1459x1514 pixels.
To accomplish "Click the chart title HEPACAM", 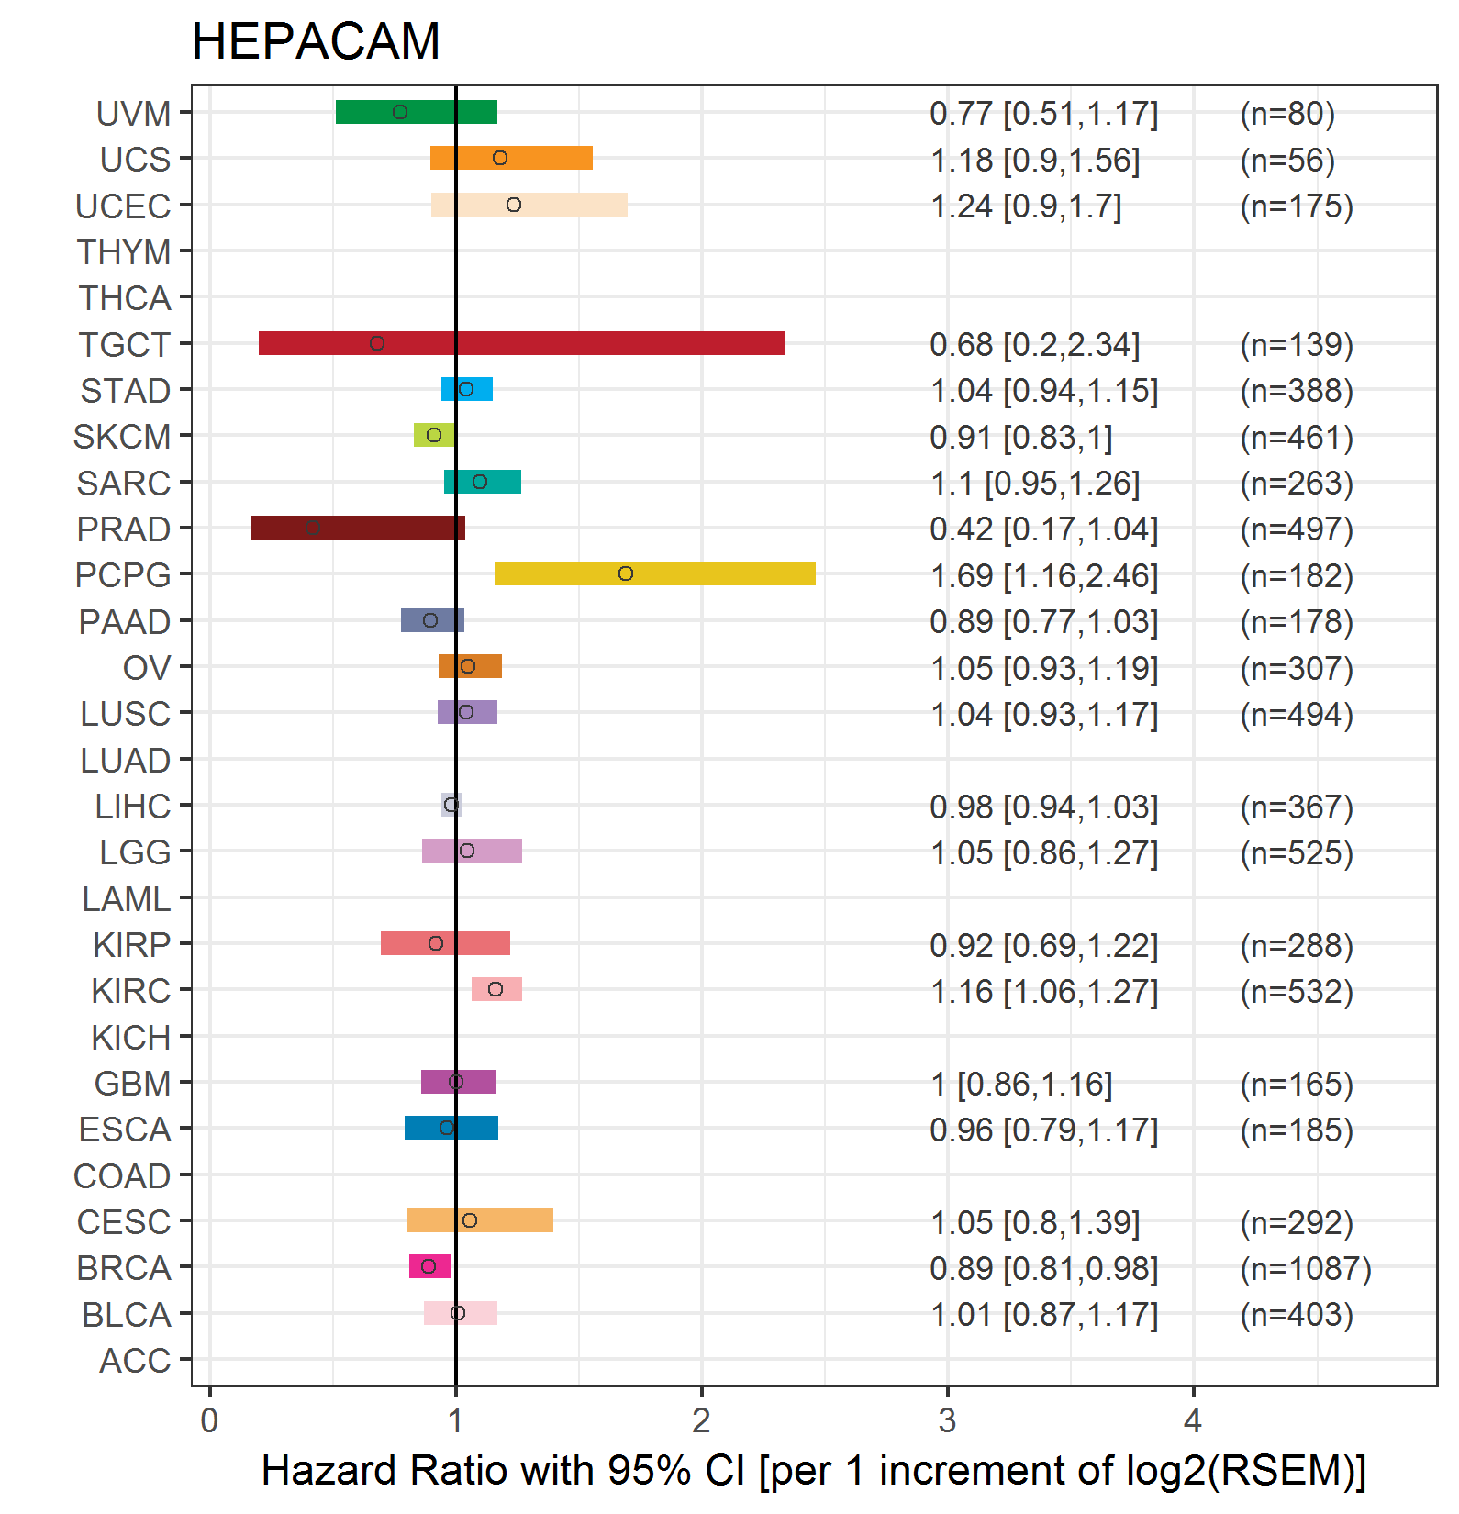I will click(x=316, y=41).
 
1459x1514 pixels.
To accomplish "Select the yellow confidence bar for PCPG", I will click(x=654, y=573).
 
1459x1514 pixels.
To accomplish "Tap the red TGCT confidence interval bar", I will click(x=521, y=343).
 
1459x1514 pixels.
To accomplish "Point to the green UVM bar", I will click(x=416, y=112).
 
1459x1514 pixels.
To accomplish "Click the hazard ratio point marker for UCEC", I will click(x=514, y=205).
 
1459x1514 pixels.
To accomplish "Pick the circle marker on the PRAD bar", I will click(x=313, y=528).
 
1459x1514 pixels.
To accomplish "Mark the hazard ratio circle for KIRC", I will click(x=496, y=989).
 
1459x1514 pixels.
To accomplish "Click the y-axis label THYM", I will click(x=124, y=252).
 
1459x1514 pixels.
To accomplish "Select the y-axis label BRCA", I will click(x=124, y=1268).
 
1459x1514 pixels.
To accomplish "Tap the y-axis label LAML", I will click(x=126, y=899).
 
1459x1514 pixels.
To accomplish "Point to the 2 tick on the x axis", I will click(x=701, y=1420).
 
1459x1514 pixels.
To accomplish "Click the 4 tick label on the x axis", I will click(x=1192, y=1420).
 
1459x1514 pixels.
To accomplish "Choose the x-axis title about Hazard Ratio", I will click(x=813, y=1470).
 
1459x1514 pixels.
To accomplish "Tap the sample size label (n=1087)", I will click(x=1305, y=1268).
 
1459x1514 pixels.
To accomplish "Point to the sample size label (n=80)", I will click(x=1286, y=114).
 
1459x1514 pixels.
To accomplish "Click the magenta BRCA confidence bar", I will click(x=429, y=1266).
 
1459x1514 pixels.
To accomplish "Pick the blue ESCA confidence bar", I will click(x=451, y=1128).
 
